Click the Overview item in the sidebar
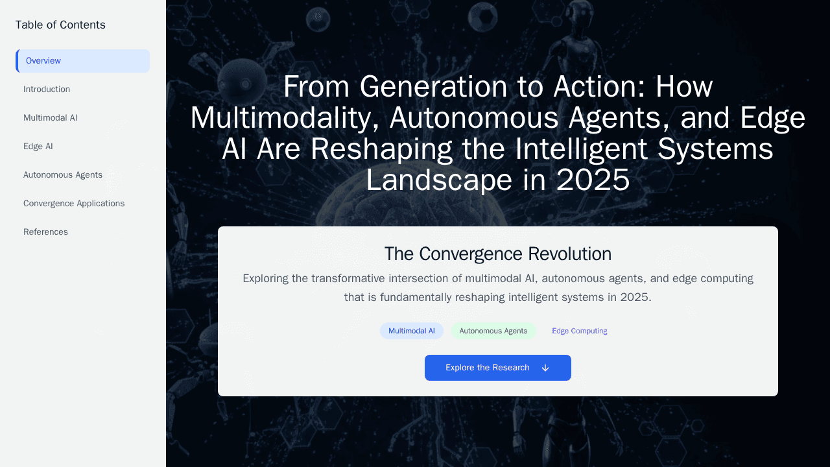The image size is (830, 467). pyautogui.click(x=82, y=61)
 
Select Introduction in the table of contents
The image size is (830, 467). pyautogui.click(x=47, y=90)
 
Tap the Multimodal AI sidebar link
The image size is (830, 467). pyautogui.click(x=51, y=118)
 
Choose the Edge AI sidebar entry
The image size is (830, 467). pyautogui.click(x=38, y=147)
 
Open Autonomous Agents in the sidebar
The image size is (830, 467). pyautogui.click(x=63, y=175)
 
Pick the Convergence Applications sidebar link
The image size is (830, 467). pyautogui.click(x=74, y=204)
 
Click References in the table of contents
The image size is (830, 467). pyautogui.click(x=45, y=232)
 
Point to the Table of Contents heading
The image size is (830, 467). pyautogui.click(x=60, y=25)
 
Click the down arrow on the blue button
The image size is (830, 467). pyautogui.click(x=545, y=368)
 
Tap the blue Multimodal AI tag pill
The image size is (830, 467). pyautogui.click(x=412, y=331)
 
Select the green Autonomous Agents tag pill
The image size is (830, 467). pyautogui.click(x=493, y=331)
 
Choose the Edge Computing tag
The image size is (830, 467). pyautogui.click(x=580, y=331)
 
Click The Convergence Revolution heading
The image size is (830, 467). pyautogui.click(x=498, y=254)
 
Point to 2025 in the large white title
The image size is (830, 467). pyautogui.click(x=593, y=180)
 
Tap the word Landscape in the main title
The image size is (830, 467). pyautogui.click(x=439, y=180)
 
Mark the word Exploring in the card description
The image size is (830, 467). pyautogui.click(x=265, y=279)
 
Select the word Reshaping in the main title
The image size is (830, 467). pyautogui.click(x=381, y=149)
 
